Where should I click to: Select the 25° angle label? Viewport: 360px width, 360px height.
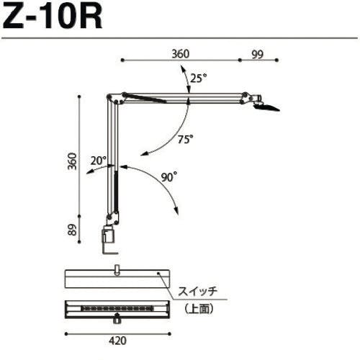pyautogui.click(x=199, y=78)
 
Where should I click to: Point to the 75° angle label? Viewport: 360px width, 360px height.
pyautogui.click(x=185, y=140)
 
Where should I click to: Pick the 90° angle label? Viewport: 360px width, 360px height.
pyautogui.click(x=169, y=176)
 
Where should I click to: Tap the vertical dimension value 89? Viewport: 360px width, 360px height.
pyautogui.click(x=72, y=230)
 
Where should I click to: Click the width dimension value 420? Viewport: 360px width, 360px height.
pyautogui.click(x=117, y=345)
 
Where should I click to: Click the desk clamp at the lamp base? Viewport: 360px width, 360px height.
pyautogui.click(x=109, y=238)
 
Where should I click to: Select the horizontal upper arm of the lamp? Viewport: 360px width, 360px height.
pyautogui.click(x=187, y=96)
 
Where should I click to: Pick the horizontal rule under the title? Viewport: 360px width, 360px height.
pyautogui.click(x=180, y=38)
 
